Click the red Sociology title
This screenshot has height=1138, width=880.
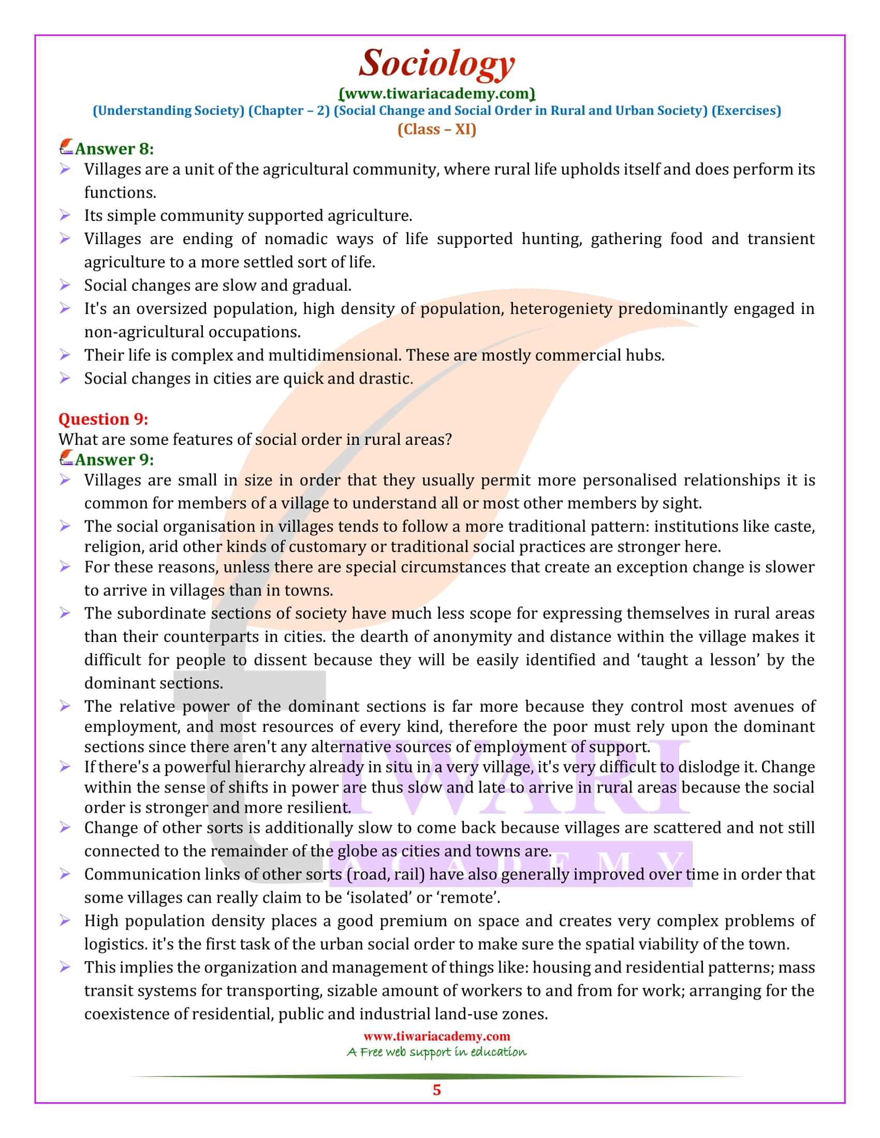point(437,64)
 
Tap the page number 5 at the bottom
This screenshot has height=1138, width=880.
point(437,1090)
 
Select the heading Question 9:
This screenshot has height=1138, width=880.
point(103,419)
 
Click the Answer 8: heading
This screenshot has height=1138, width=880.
point(114,149)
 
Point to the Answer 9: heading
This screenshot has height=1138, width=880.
point(114,459)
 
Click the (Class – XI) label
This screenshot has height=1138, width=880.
point(437,129)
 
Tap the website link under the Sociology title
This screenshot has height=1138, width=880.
point(437,94)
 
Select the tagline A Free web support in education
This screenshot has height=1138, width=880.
point(437,1052)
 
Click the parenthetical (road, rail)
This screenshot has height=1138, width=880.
point(385,874)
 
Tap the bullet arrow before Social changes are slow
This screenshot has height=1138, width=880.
point(65,285)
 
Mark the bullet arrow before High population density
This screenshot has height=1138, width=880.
point(65,921)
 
